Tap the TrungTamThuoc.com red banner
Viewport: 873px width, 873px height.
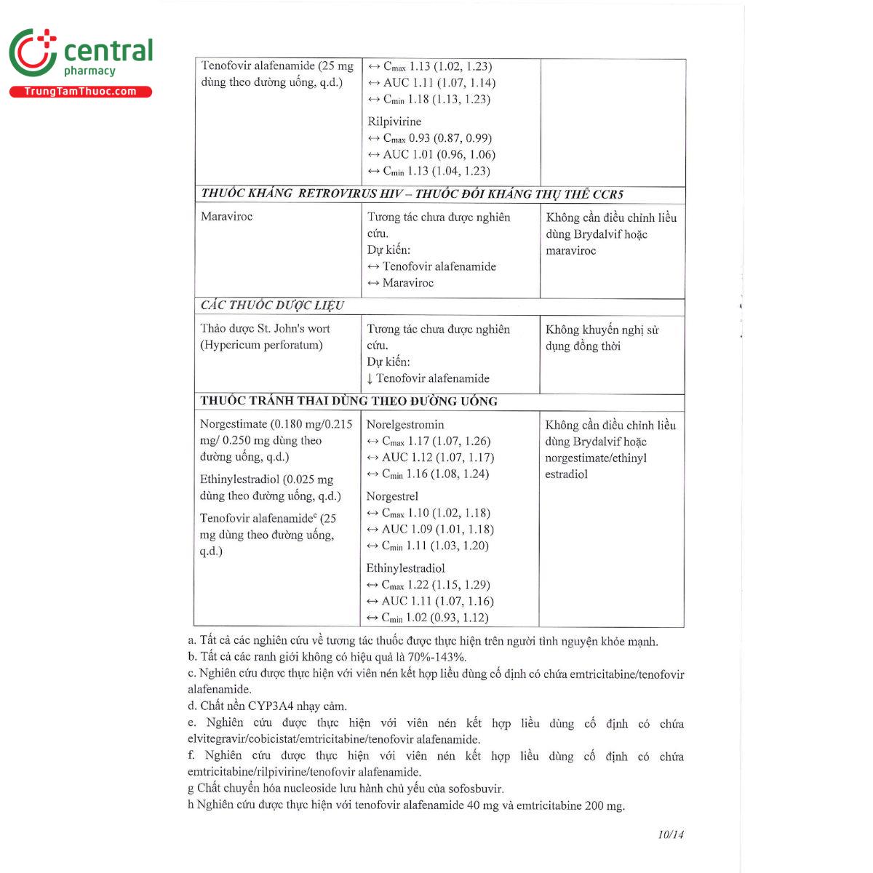click(80, 92)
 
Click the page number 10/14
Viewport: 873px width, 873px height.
click(670, 834)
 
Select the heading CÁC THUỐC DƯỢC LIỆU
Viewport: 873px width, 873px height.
click(272, 306)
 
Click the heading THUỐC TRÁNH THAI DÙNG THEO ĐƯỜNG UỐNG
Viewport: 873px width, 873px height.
click(348, 401)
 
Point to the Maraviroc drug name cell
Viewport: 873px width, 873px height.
click(227, 217)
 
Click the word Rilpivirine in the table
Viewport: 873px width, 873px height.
click(394, 121)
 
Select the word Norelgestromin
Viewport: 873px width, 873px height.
click(405, 425)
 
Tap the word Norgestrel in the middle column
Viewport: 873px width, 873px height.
click(392, 496)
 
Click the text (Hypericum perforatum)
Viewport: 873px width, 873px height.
click(261, 345)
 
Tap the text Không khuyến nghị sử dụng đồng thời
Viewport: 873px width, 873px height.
click(602, 338)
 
